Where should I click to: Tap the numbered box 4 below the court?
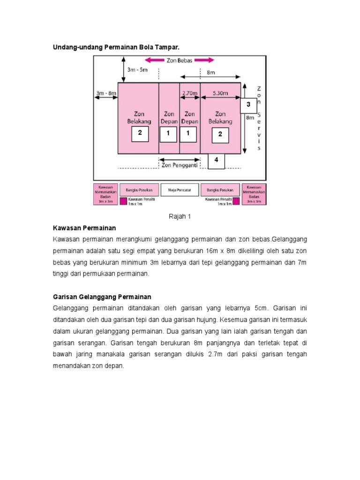[x=216, y=160]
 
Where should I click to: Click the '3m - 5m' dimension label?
[x=138, y=70]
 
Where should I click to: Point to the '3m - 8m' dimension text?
[x=105, y=93]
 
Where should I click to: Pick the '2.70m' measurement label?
[x=190, y=93]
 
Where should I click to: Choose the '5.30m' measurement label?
[x=220, y=93]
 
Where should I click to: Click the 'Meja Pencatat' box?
[x=180, y=190]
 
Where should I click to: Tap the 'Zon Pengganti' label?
[x=180, y=165]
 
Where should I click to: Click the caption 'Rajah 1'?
[x=180, y=217]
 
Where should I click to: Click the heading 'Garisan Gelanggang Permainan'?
[x=102, y=297]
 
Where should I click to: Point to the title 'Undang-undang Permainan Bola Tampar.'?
[x=116, y=47]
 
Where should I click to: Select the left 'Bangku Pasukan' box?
[x=139, y=190]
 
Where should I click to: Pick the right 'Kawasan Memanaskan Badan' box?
[x=254, y=194]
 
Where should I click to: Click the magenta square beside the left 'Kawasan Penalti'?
[x=124, y=201]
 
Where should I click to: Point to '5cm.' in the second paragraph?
[x=261, y=308]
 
